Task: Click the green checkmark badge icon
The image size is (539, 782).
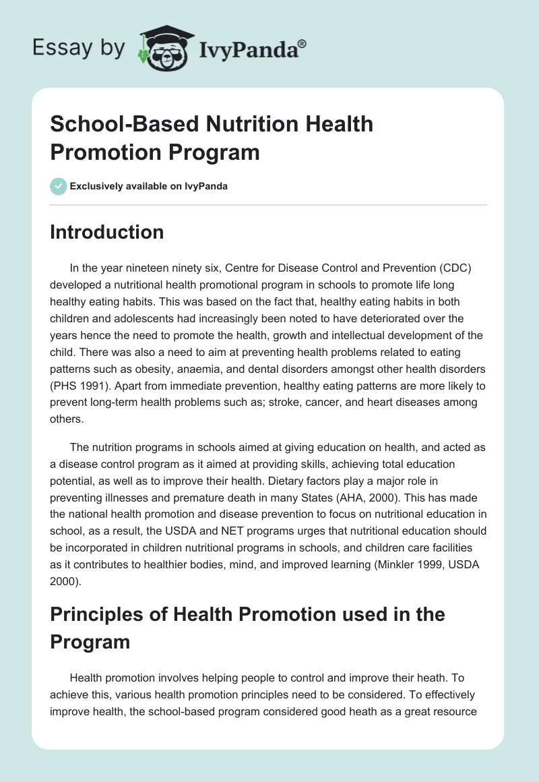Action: coord(58,186)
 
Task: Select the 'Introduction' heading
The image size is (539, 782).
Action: coord(106,232)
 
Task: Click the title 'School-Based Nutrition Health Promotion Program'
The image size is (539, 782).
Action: coord(212,138)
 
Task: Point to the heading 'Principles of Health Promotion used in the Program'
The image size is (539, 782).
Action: coord(247,628)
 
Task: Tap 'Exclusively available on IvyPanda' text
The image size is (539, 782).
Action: coord(150,186)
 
